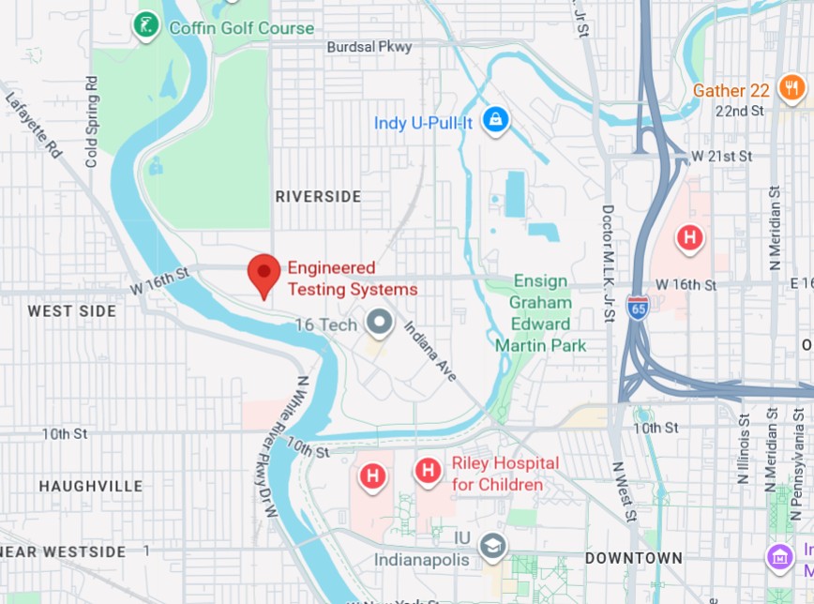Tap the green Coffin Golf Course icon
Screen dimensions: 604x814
coord(145,26)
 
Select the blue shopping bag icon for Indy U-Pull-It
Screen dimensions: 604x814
coord(494,120)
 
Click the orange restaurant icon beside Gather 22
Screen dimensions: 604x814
coord(791,88)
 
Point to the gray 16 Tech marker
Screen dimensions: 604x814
coord(380,324)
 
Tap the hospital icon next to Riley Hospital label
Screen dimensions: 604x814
coord(429,470)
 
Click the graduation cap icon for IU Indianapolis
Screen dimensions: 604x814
coord(491,545)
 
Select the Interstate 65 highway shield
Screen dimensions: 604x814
coord(638,309)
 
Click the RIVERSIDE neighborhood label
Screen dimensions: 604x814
coord(318,196)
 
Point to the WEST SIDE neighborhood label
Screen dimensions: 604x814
coord(72,310)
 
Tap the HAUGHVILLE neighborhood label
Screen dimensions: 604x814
coord(90,486)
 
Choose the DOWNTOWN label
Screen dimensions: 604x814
coord(634,558)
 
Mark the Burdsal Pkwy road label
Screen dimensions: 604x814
coord(369,47)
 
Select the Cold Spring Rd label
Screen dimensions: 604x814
coord(91,123)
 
